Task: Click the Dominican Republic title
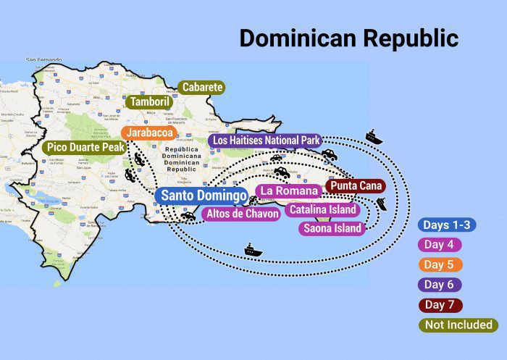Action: click(x=348, y=38)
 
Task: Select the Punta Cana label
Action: click(x=355, y=185)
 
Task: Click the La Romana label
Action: click(x=289, y=191)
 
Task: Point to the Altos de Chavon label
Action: click(x=242, y=214)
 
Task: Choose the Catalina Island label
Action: click(x=322, y=210)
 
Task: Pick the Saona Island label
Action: click(x=331, y=229)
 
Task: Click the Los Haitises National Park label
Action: click(x=265, y=140)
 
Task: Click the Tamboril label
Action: click(x=150, y=102)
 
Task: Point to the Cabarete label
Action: click(x=202, y=88)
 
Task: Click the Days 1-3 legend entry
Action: click(x=447, y=225)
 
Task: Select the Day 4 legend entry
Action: click(x=440, y=245)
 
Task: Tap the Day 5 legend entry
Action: click(x=440, y=264)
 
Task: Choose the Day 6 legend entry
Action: click(x=440, y=285)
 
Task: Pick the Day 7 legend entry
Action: click(x=440, y=305)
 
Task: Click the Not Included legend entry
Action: click(x=458, y=325)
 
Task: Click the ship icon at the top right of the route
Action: click(x=374, y=136)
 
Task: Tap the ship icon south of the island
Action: click(x=253, y=250)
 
